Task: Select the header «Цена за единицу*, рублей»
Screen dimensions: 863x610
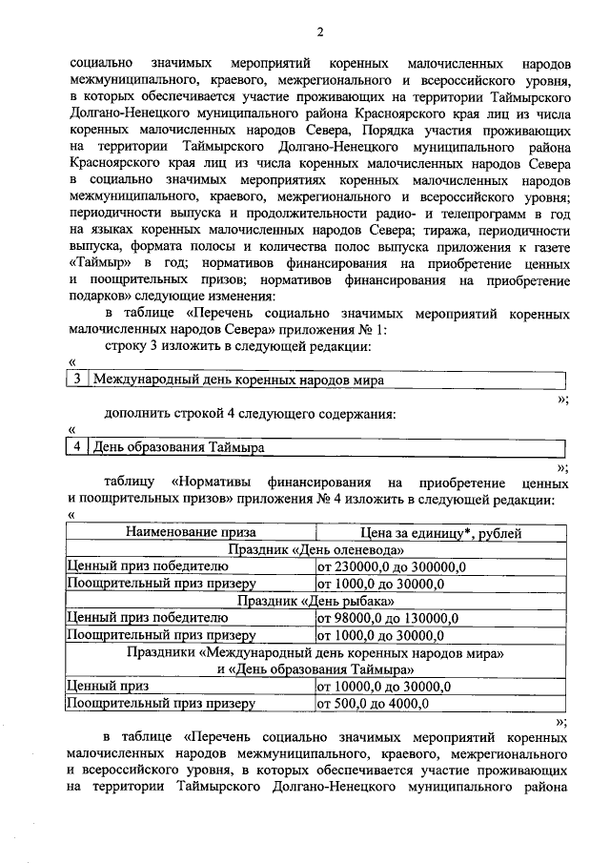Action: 440,533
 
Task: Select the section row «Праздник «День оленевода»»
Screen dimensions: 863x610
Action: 315,550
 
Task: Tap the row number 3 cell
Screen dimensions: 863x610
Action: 76,380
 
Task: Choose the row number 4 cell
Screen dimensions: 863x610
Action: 76,447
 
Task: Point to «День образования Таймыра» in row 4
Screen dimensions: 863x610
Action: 178,447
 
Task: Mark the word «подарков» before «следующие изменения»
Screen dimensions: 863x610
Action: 103,296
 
